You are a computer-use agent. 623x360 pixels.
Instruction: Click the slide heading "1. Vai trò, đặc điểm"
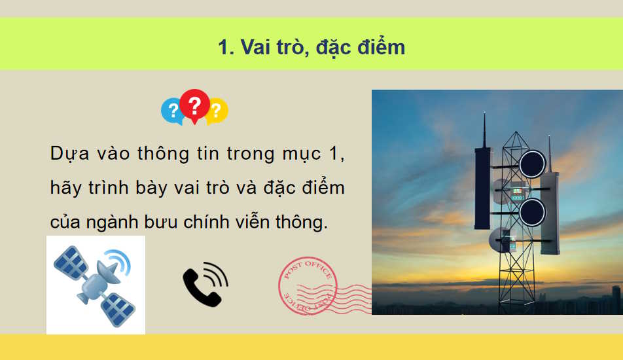311,47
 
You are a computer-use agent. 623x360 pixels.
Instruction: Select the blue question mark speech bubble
172,111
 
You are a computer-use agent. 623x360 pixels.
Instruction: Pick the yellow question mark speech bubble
217,111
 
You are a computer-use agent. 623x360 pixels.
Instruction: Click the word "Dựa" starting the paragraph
65,155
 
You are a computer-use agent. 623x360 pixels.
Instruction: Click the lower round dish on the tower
532,212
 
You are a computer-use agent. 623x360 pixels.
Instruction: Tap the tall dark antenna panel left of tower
483,190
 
